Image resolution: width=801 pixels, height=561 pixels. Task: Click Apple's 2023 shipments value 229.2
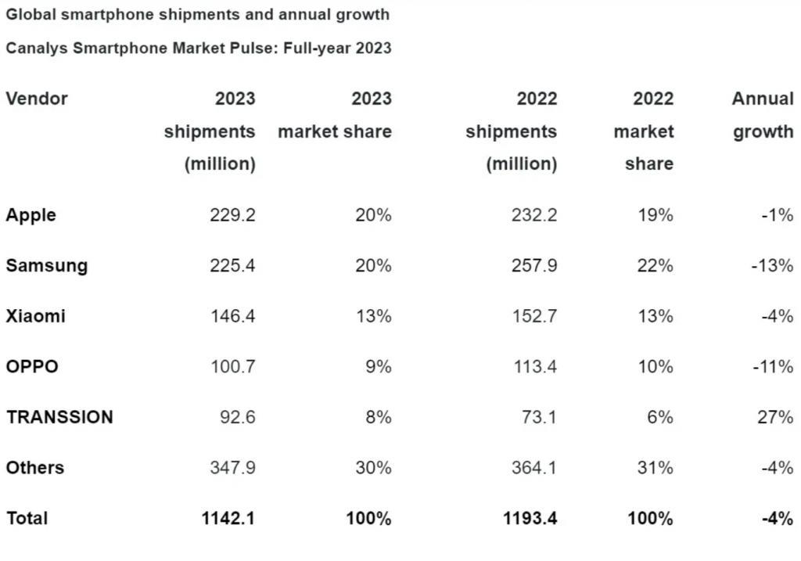(232, 215)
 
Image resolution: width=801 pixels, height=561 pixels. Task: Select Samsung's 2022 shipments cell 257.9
(534, 266)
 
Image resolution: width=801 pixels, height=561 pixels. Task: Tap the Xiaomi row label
(36, 316)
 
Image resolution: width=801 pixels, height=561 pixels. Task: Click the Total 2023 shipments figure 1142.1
(227, 518)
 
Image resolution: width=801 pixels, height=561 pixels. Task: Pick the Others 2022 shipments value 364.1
(534, 468)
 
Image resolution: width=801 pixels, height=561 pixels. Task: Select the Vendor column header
(37, 99)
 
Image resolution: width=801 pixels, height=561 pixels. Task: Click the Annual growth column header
(763, 115)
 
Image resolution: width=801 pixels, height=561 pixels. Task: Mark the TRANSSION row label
(59, 417)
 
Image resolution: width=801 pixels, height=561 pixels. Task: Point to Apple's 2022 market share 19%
(654, 215)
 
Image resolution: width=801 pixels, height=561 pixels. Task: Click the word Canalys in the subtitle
(37, 48)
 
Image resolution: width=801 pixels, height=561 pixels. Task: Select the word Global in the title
(29, 14)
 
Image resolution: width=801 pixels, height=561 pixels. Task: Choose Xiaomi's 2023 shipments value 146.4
(232, 316)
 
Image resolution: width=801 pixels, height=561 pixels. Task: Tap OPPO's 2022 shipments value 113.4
(534, 366)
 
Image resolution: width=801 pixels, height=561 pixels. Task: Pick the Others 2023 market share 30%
(372, 468)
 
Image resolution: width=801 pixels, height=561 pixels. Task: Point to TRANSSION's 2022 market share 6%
(659, 417)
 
